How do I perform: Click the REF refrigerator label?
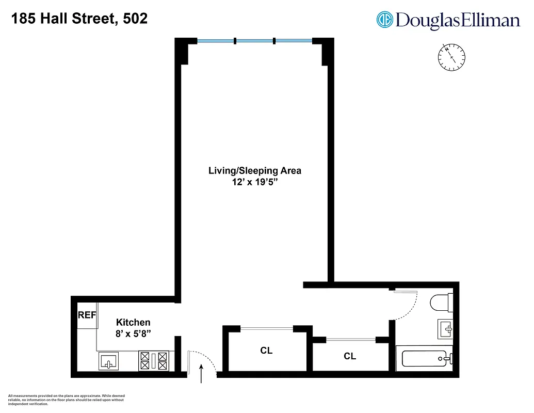(x=87, y=315)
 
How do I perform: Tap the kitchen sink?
(x=108, y=361)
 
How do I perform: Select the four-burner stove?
(x=154, y=360)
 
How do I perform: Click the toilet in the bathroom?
(x=442, y=302)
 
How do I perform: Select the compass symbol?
(x=451, y=56)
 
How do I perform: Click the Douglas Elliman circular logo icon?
(x=385, y=20)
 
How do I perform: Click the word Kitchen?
(x=133, y=323)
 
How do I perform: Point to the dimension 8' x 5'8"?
(x=133, y=334)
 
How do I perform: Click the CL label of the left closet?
(x=266, y=351)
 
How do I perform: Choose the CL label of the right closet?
(x=350, y=356)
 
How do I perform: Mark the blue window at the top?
(x=255, y=41)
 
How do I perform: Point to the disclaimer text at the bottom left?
(x=66, y=400)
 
